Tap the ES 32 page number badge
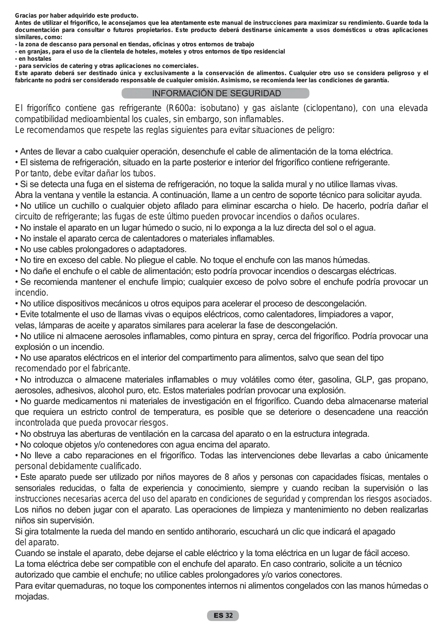pyautogui.click(x=223, y=616)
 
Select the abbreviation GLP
pyautogui.click(x=363, y=380)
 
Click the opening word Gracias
pyautogui.click(x=26, y=16)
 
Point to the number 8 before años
pyautogui.click(x=227, y=477)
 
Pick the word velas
pyautogui.click(x=24, y=325)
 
